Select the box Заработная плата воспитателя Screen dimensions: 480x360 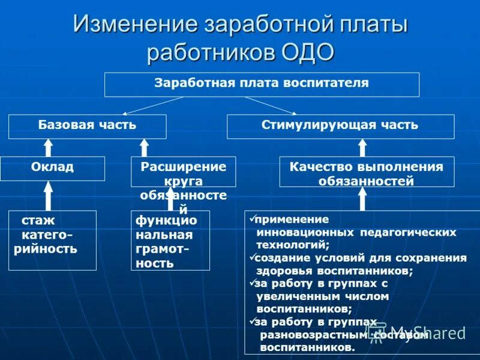tap(262, 84)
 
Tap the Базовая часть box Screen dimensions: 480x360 tap(87, 126)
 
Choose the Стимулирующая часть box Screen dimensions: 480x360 tap(340, 126)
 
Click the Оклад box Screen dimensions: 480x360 tap(52, 168)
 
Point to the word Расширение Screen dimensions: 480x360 tap(183, 167)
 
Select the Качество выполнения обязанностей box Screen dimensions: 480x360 tap(367, 172)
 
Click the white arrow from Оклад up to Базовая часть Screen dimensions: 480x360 tap(49, 148)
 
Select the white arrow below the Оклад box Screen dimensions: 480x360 tap(49, 196)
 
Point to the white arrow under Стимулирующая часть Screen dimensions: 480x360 tap(362, 148)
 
